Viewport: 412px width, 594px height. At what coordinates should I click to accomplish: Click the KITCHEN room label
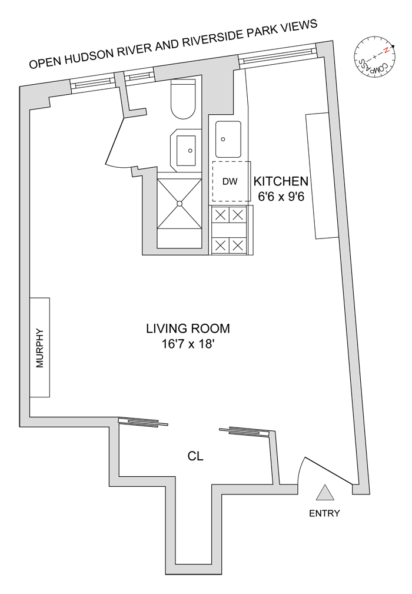point(281,181)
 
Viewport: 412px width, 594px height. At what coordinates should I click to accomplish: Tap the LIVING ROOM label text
point(188,328)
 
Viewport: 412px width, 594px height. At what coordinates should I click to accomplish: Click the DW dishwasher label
point(230,181)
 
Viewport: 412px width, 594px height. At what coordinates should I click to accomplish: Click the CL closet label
point(195,456)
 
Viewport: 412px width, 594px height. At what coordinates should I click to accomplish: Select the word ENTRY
point(324,513)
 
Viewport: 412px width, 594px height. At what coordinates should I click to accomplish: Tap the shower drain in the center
point(180,204)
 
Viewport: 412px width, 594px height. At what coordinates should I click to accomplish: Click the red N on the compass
point(386,51)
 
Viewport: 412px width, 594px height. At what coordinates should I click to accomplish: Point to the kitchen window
point(277,57)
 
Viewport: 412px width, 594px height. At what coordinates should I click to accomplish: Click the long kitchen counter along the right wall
point(321,175)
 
